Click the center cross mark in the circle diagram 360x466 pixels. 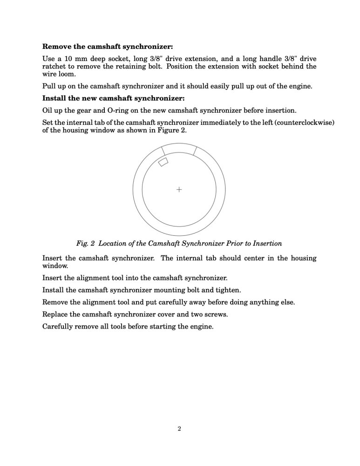click(179, 189)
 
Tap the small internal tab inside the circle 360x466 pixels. click(163, 162)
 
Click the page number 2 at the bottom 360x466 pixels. click(179, 429)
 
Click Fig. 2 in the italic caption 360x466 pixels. click(85, 243)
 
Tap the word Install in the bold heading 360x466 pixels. click(55, 98)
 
